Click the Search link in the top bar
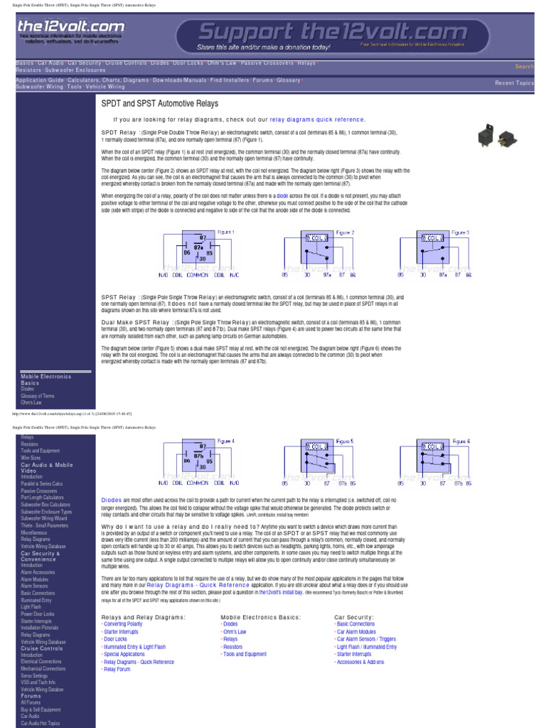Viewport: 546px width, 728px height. point(525,66)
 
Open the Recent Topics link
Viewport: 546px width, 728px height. point(514,83)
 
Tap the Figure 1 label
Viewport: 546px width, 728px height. point(225,232)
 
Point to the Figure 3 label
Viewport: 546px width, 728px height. point(461,232)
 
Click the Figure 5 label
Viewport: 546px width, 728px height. point(344,441)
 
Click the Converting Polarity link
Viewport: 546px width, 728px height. point(123,623)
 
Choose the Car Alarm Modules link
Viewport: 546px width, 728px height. point(357,631)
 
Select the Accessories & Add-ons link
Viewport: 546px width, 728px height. point(360,662)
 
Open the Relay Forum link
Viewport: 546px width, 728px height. point(117,670)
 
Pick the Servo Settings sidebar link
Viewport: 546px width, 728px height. point(33,675)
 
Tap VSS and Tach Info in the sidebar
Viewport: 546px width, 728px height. point(37,682)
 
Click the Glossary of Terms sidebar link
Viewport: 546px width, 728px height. point(37,396)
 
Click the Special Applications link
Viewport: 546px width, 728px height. point(124,654)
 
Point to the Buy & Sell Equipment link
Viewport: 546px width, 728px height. point(41,710)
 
